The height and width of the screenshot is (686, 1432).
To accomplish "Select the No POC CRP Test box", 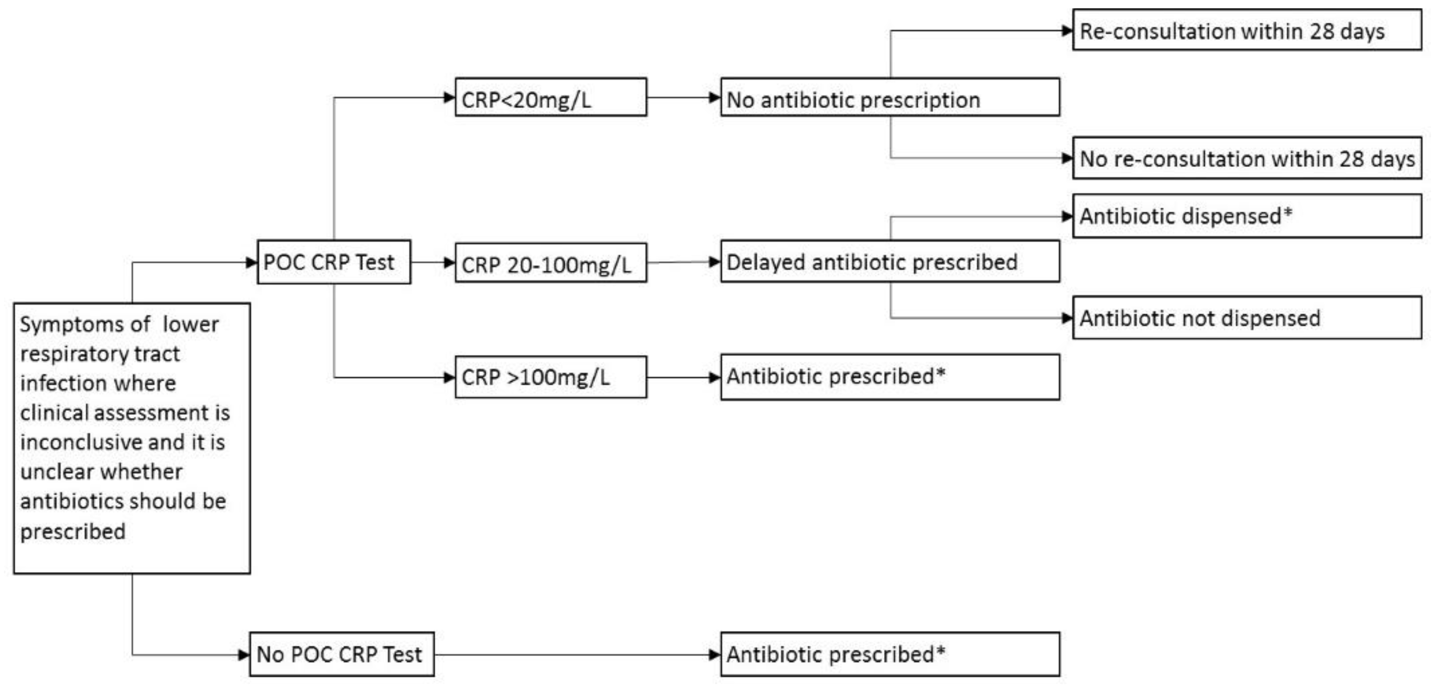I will [341, 655].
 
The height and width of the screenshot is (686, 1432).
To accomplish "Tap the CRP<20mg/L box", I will [550, 98].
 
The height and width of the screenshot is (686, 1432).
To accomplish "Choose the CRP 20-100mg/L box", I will [550, 263].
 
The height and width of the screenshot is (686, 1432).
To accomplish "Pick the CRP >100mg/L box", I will [550, 377].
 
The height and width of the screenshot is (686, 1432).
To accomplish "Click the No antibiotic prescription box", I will [889, 98].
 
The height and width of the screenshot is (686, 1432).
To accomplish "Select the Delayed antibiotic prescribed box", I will [889, 261].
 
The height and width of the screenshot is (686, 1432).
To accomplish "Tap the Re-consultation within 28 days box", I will [1247, 30].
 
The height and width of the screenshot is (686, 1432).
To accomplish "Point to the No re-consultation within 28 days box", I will [1247, 158].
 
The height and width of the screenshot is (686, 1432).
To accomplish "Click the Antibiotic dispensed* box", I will [1247, 216].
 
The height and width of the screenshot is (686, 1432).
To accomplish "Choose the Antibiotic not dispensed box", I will [1247, 318].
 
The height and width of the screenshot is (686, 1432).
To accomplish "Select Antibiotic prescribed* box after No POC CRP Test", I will [889, 655].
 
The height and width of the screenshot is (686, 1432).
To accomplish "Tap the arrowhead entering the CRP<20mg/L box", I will [449, 98].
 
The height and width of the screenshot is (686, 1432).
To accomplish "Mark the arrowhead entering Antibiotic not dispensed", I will [1067, 318].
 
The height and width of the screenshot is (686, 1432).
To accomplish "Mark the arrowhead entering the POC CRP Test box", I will [251, 262].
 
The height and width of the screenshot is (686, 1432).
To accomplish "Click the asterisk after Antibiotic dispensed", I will [1287, 212].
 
